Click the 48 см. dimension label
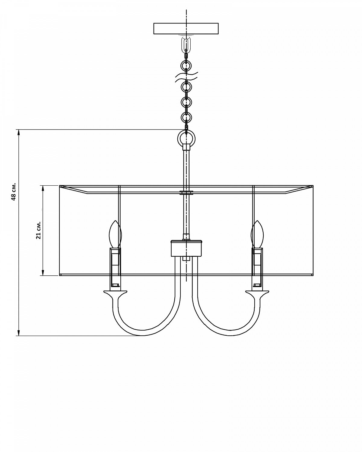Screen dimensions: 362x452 [x=14, y=192]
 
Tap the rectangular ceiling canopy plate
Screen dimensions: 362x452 [x=186, y=29]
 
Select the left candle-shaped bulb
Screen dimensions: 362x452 [x=115, y=234]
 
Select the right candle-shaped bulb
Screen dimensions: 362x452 [x=257, y=234]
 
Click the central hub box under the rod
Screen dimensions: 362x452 [x=186, y=249]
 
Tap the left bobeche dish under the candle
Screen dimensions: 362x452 [x=115, y=292]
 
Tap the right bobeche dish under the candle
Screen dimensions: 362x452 [x=257, y=292]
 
